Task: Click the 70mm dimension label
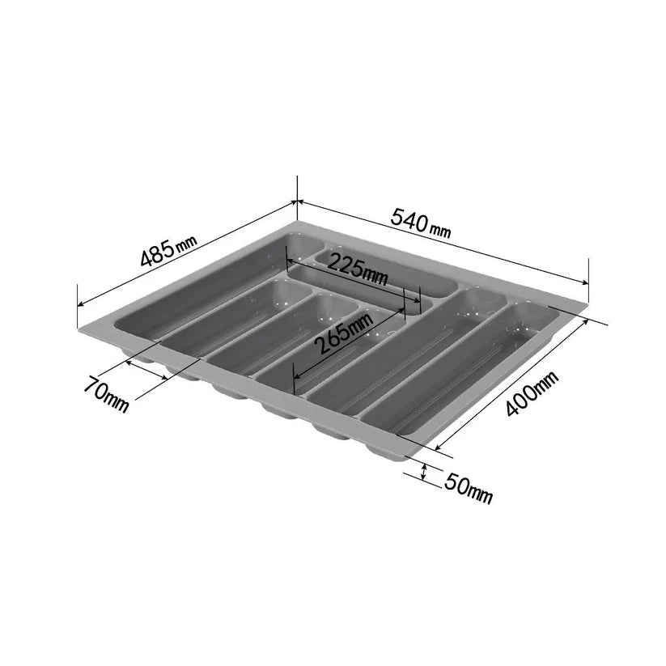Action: pyautogui.click(x=105, y=393)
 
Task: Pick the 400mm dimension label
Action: pyautogui.click(x=532, y=393)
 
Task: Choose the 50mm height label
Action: pyautogui.click(x=469, y=487)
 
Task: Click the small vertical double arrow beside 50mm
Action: pyautogui.click(x=423, y=472)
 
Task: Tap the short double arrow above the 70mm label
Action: pyautogui.click(x=146, y=370)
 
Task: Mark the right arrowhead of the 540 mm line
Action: pyautogui.click(x=585, y=282)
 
